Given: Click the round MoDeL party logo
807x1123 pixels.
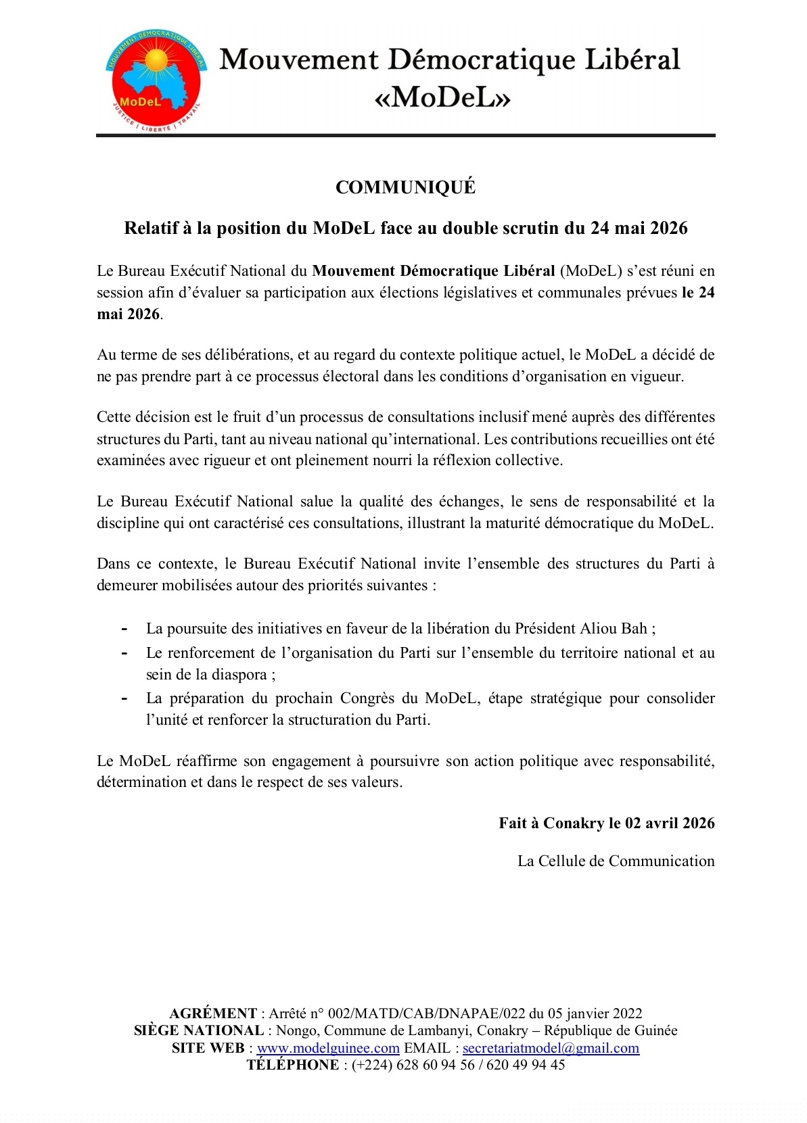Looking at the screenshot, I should pyautogui.click(x=156, y=80).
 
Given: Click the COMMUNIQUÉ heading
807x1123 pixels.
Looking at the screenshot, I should pyautogui.click(x=405, y=187).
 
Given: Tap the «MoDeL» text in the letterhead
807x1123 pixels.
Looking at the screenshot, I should pyautogui.click(x=442, y=98).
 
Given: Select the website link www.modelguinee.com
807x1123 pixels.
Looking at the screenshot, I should pyautogui.click(x=328, y=1048).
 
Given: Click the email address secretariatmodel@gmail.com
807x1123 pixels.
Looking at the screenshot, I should pyautogui.click(x=551, y=1048).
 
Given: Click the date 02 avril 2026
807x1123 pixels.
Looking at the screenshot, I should pyautogui.click(x=670, y=823).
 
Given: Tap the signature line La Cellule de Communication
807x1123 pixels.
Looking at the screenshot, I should pyautogui.click(x=616, y=861).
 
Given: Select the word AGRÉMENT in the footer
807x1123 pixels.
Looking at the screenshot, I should pyautogui.click(x=213, y=1013).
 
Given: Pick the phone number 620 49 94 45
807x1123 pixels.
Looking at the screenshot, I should pyautogui.click(x=526, y=1065).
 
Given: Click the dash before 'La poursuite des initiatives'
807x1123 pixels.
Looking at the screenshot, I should pyautogui.click(x=124, y=629).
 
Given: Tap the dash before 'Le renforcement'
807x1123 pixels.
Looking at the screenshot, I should pyautogui.click(x=124, y=653).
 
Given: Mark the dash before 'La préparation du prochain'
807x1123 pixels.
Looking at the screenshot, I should pyautogui.click(x=124, y=698).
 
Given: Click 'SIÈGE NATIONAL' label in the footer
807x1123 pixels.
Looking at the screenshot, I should pyautogui.click(x=199, y=1030).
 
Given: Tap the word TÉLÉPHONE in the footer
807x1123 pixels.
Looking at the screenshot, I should pyautogui.click(x=293, y=1065).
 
